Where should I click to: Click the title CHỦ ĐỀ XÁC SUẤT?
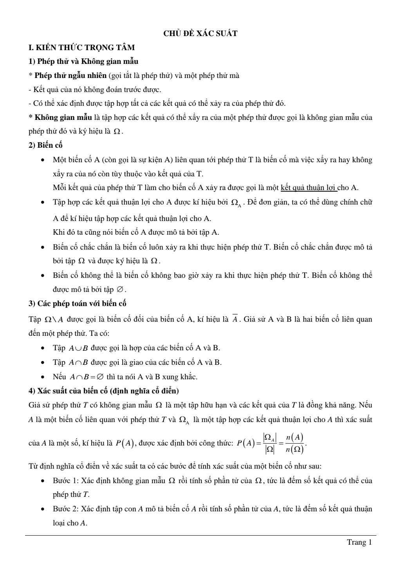point(200,33)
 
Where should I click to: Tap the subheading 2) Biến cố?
point(45,145)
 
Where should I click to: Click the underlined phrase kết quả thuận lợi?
point(309,188)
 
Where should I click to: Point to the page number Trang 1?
point(359,542)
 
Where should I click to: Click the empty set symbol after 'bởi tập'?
point(120,290)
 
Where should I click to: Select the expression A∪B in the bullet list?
point(78,348)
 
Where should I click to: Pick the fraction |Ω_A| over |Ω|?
point(270,444)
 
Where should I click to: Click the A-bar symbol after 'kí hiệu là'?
point(235,319)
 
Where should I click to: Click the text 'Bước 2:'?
point(65,509)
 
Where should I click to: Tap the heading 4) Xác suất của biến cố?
point(104,391)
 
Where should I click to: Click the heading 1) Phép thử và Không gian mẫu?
point(83,62)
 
